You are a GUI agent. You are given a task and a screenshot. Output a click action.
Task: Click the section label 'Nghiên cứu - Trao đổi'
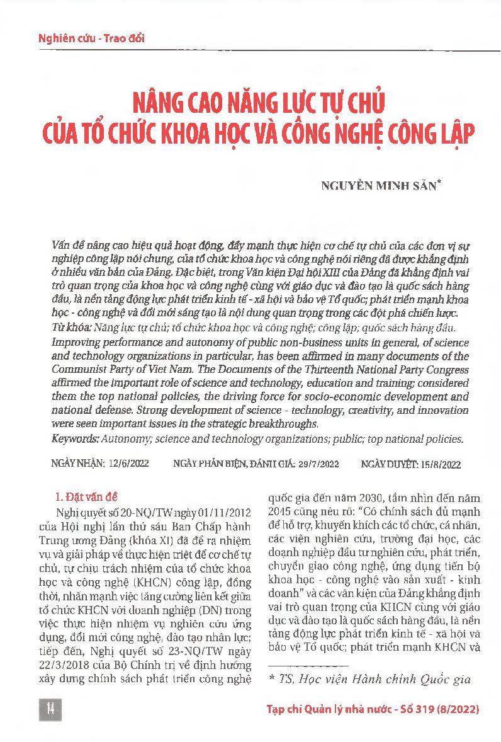click(x=91, y=38)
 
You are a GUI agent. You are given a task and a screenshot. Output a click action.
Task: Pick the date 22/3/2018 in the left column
click(x=72, y=649)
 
